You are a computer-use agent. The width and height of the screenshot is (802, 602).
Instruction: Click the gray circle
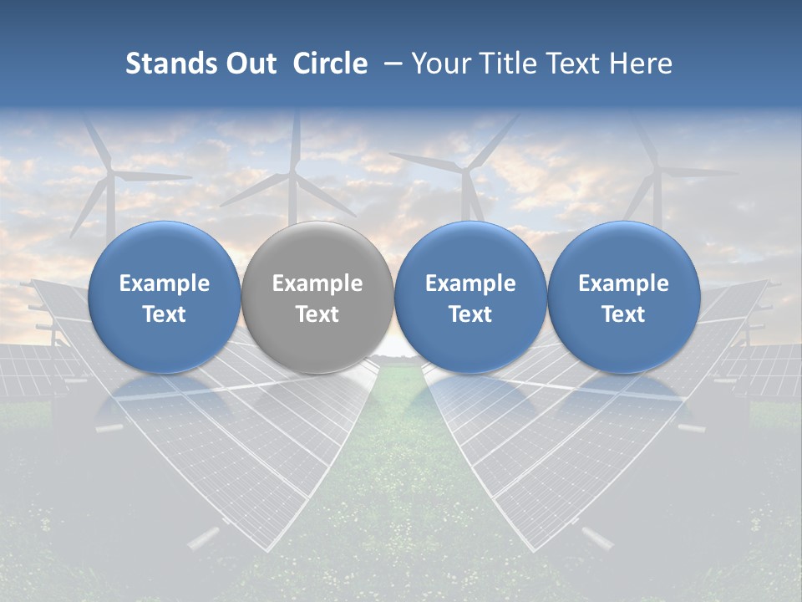[317, 298]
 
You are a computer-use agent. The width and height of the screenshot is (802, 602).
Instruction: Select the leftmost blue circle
[164, 298]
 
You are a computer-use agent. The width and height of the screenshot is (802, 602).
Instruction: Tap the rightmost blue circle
[623, 298]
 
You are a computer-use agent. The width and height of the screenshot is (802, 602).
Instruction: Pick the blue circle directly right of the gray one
[470, 298]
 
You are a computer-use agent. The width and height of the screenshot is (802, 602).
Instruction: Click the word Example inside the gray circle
[317, 283]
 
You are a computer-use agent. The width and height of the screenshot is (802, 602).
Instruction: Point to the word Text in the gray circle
[317, 314]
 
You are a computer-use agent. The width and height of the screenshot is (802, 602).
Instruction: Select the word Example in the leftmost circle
[164, 283]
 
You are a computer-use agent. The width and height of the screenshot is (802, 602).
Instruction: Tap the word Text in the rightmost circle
[623, 314]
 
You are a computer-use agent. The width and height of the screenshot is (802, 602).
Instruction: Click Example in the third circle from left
[470, 283]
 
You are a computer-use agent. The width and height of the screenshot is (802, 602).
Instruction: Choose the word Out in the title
[246, 64]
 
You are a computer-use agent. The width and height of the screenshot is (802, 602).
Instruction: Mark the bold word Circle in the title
[330, 64]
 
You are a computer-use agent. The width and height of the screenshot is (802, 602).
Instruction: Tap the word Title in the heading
[505, 64]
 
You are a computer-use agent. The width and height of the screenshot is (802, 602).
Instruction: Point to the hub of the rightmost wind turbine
[657, 171]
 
